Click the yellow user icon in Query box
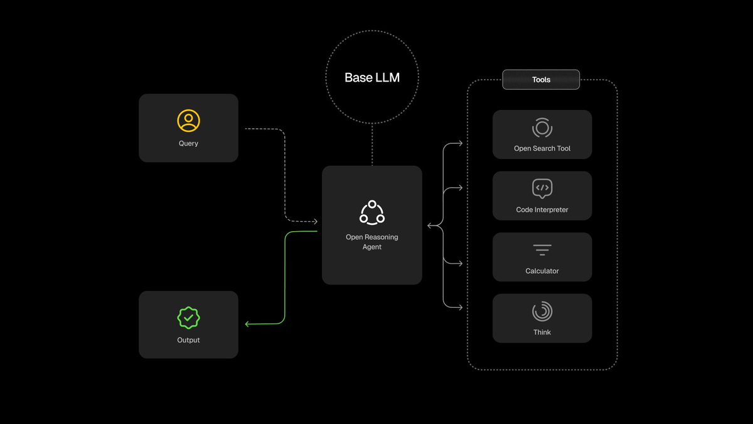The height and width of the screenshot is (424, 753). (188, 120)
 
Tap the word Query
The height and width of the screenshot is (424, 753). (188, 143)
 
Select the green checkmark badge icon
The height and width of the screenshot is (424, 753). (188, 317)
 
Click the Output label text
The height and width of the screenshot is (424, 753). (188, 340)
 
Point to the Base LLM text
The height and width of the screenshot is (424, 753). (372, 78)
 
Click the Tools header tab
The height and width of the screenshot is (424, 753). (541, 80)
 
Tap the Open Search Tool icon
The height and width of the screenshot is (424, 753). (542, 128)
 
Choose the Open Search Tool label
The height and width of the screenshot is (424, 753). (542, 149)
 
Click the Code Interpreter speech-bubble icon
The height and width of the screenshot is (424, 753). (542, 188)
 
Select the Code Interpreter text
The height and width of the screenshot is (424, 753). (542, 210)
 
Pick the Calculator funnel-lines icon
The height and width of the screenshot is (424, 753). (542, 250)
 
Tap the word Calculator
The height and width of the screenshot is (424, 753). (542, 271)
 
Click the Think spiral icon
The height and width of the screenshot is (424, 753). (542, 311)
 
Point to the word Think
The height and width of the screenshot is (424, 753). (542, 332)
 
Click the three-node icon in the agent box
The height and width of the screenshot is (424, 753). (372, 212)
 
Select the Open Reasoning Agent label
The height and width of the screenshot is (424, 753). (372, 242)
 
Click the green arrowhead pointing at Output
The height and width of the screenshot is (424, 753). (247, 324)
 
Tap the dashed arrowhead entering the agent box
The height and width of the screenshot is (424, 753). (315, 221)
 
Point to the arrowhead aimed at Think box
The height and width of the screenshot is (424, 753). (460, 308)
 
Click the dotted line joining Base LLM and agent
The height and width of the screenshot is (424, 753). (372, 144)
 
